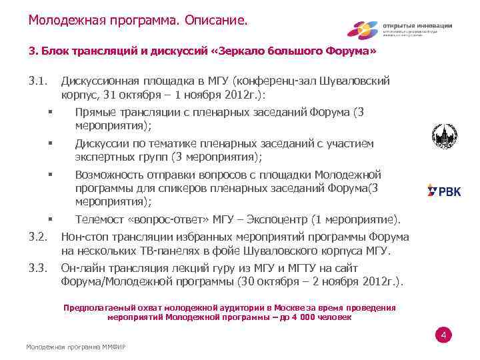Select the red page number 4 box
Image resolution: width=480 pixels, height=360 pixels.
point(443,335)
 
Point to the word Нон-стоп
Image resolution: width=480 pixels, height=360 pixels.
point(85,236)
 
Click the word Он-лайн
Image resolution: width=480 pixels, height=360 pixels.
point(83,267)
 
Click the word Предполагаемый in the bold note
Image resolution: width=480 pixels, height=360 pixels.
point(98,308)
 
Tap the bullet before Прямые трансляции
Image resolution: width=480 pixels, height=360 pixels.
point(51,112)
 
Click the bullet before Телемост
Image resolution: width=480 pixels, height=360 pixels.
point(51,218)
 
